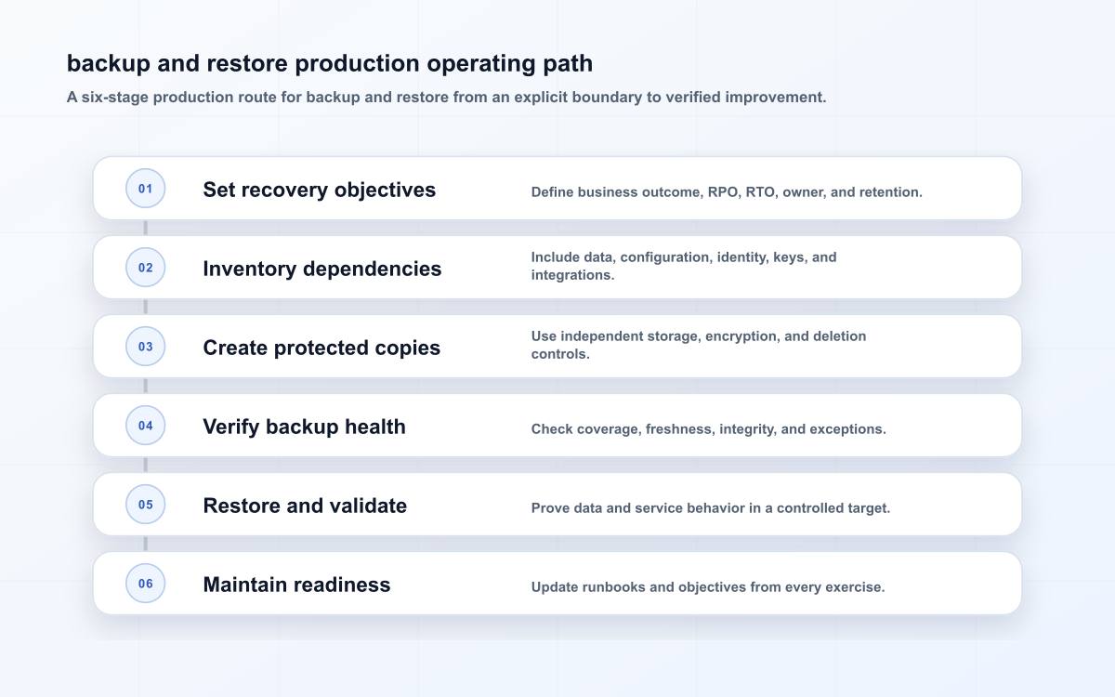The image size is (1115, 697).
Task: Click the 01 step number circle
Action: (x=145, y=188)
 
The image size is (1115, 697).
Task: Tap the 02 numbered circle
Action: (x=145, y=268)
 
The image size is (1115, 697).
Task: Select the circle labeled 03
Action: (x=145, y=346)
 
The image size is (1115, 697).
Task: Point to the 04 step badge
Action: (x=145, y=426)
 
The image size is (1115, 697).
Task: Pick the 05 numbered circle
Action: (x=145, y=505)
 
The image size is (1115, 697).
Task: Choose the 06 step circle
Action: (x=145, y=583)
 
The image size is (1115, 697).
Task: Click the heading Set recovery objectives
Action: (x=319, y=190)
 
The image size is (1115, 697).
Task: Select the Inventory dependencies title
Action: (x=322, y=269)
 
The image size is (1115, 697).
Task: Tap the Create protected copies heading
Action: (x=321, y=348)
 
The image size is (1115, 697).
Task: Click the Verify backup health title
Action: (x=304, y=427)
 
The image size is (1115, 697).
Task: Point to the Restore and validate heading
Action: (x=305, y=506)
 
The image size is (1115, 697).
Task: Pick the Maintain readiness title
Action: (x=296, y=585)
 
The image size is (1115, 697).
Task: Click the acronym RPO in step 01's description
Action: (x=724, y=192)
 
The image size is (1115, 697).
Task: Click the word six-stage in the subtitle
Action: (x=114, y=97)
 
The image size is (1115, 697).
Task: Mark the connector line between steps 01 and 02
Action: (x=145, y=228)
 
